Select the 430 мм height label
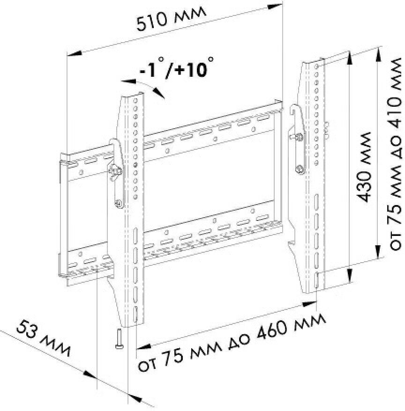click(x=364, y=167)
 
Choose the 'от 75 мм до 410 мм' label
click(x=395, y=154)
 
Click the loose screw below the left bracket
click(x=118, y=339)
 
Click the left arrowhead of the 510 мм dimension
click(x=75, y=54)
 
